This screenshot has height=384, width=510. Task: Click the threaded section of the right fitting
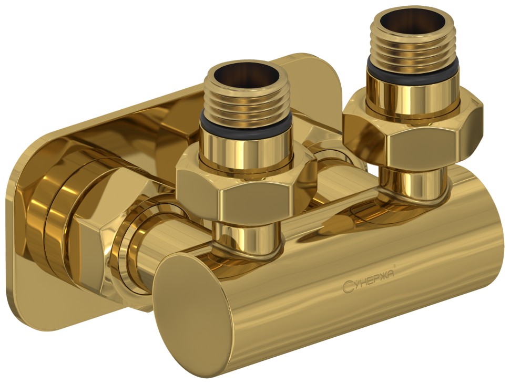click(412, 47)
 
